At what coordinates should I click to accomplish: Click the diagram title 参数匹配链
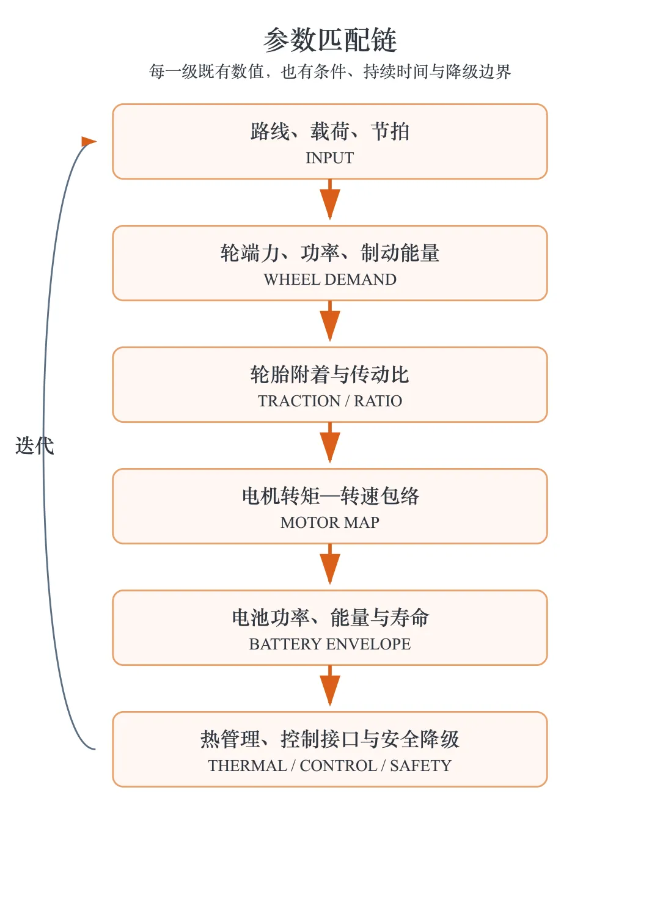[330, 40]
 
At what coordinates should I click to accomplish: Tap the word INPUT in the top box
[330, 158]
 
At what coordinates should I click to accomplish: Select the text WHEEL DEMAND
[330, 279]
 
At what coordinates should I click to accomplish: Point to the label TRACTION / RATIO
[330, 401]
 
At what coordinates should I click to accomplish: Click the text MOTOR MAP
[330, 522]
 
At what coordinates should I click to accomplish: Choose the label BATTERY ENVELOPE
[330, 644]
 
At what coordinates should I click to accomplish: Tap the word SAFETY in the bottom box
[420, 766]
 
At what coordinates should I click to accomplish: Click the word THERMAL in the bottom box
[247, 766]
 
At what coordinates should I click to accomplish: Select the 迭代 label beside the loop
[35, 445]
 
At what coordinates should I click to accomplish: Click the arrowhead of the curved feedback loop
[89, 142]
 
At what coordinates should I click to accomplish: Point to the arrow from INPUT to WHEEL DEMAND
[330, 199]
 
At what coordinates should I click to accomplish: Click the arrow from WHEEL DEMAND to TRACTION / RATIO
[330, 321]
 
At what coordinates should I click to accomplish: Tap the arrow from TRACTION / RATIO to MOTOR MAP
[330, 442]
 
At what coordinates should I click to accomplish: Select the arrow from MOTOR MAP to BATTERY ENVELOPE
[330, 564]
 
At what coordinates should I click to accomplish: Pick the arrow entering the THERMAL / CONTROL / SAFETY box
[330, 685]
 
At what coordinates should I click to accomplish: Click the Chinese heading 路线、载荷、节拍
[330, 131]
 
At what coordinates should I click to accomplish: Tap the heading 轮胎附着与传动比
[330, 375]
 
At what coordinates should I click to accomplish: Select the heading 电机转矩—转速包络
[330, 496]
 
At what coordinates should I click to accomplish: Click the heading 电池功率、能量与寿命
[330, 618]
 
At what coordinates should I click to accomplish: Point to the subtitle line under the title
[330, 71]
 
